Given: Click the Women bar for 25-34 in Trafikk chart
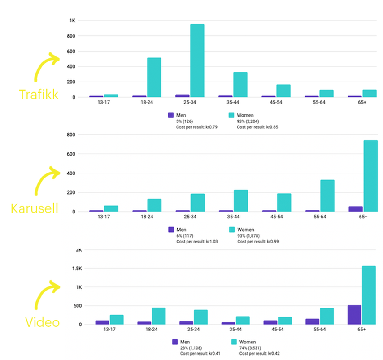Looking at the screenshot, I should click(x=197, y=61).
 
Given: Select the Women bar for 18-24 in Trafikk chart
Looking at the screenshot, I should click(x=154, y=78).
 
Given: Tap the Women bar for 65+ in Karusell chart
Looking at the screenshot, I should click(x=370, y=176).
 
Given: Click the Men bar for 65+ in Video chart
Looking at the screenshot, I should click(x=354, y=315).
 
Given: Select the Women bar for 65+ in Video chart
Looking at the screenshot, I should click(x=369, y=295).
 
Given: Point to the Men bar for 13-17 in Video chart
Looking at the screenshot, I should click(x=102, y=322).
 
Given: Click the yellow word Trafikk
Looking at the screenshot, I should click(x=39, y=94).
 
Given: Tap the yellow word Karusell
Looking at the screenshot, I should click(x=35, y=208).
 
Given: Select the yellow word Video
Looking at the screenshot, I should click(x=42, y=322).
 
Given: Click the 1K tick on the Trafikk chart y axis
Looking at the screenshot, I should click(x=72, y=21).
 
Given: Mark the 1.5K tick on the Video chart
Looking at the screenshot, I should click(x=70, y=269).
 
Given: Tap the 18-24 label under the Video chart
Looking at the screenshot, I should click(x=152, y=330).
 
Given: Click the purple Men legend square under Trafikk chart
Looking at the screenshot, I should click(x=170, y=115).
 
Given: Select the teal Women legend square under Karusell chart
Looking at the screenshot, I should click(x=231, y=230).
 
